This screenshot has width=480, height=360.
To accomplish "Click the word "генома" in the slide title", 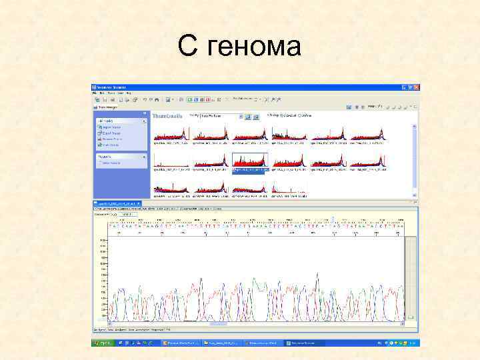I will (255, 46).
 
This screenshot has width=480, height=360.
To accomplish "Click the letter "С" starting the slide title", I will (188, 46).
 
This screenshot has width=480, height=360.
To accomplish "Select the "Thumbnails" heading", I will (168, 116).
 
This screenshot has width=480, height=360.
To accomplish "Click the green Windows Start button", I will (102, 343).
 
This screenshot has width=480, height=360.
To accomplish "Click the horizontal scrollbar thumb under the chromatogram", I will (220, 324).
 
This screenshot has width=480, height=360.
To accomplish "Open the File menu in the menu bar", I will (95, 93).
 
